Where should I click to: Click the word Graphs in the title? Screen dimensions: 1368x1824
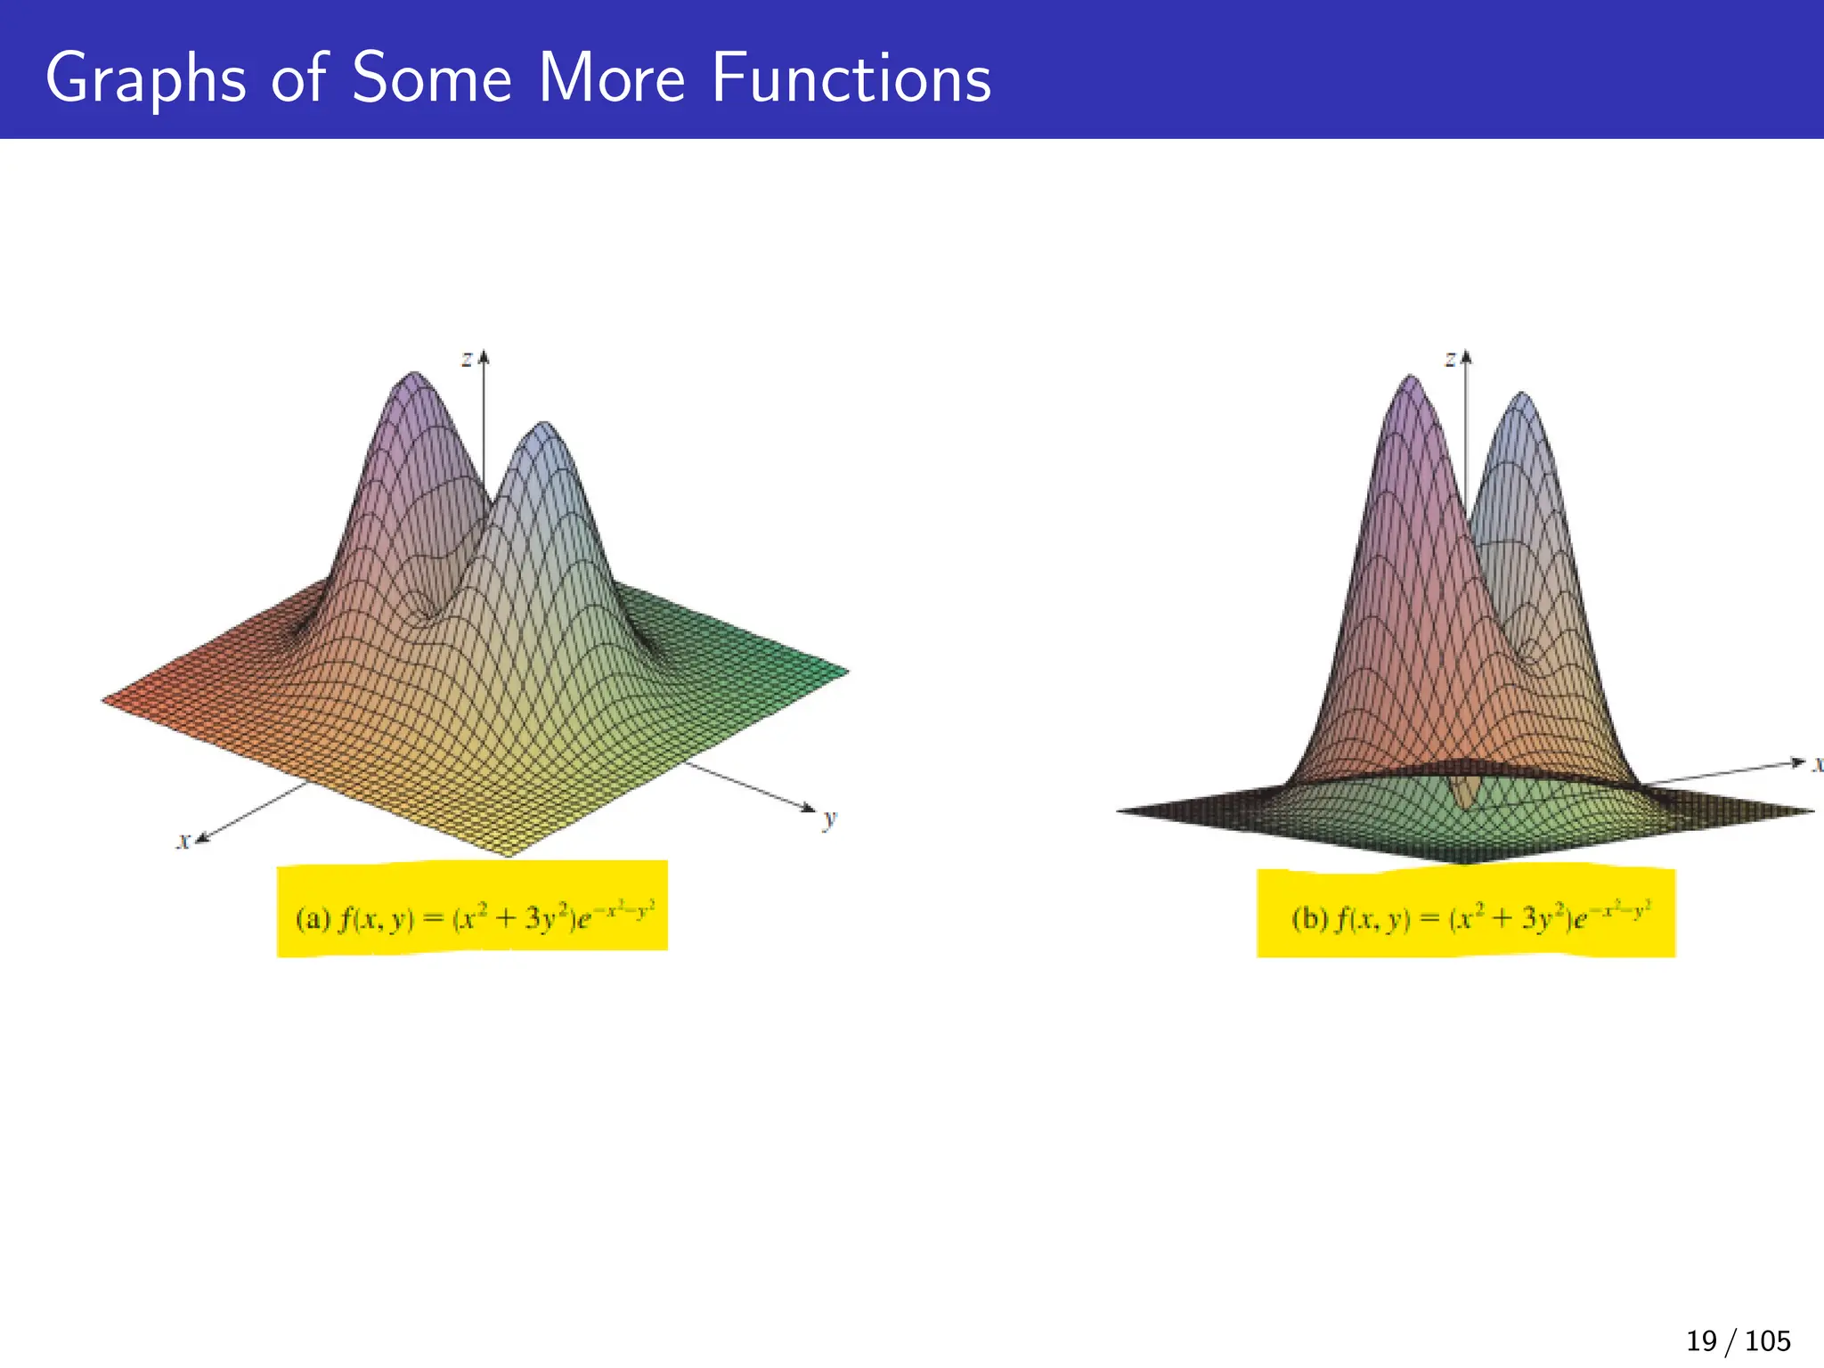(x=145, y=79)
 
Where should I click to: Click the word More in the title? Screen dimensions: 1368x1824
(x=612, y=79)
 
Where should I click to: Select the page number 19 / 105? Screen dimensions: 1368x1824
(x=1738, y=1340)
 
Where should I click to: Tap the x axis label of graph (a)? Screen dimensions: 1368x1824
(x=183, y=841)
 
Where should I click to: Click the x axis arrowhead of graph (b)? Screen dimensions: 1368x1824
(x=1797, y=762)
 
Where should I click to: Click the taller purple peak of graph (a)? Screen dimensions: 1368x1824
(x=412, y=378)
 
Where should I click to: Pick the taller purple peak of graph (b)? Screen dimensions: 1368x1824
(x=1411, y=380)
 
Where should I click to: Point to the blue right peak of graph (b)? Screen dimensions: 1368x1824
(x=1521, y=397)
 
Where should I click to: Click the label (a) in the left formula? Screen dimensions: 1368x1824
(x=313, y=918)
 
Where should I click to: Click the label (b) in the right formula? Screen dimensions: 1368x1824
(x=1309, y=918)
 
